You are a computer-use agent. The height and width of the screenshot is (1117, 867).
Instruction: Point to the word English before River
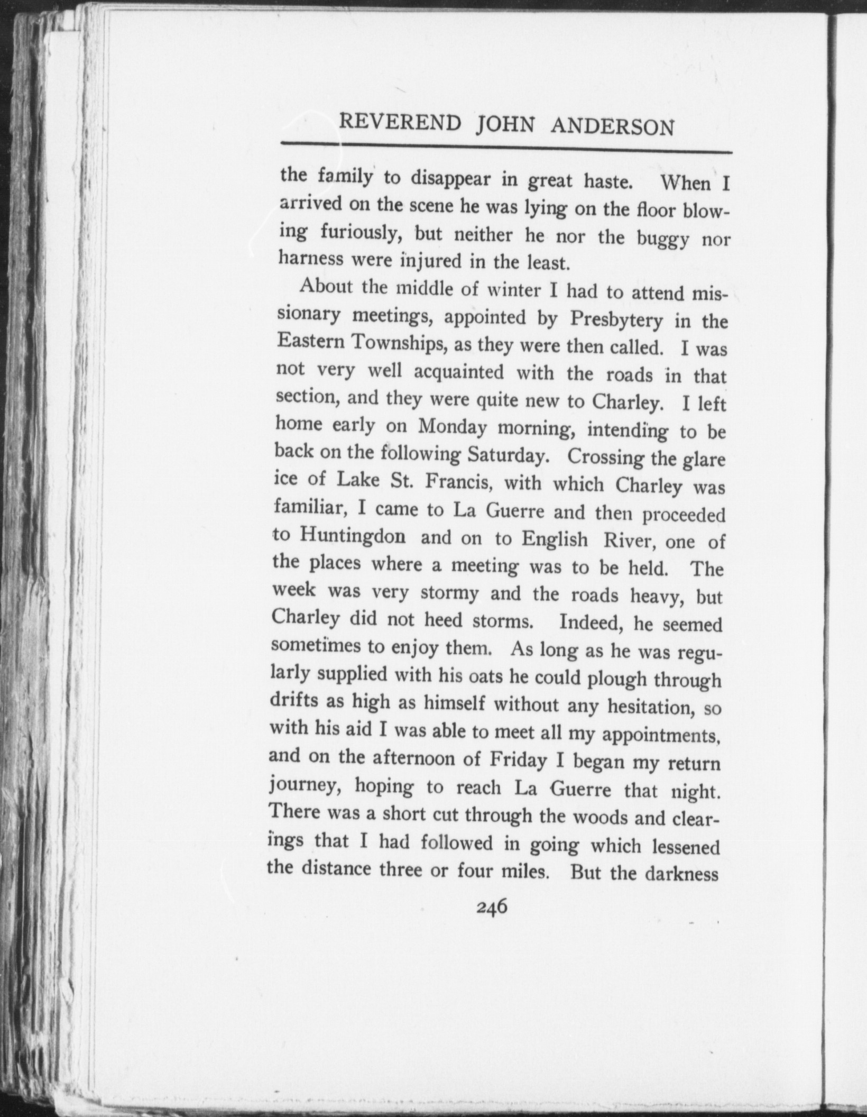click(555, 539)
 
